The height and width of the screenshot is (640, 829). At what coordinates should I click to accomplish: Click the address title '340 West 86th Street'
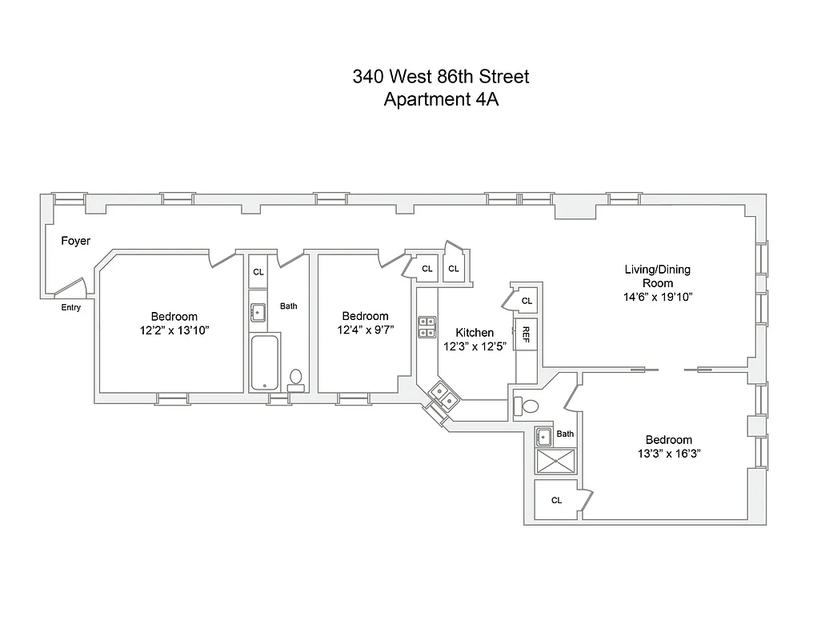441,77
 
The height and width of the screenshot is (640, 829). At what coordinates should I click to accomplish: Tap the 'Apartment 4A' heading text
441,100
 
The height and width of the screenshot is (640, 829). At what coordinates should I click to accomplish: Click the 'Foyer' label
76,241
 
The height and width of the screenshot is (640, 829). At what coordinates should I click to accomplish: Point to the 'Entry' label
70,307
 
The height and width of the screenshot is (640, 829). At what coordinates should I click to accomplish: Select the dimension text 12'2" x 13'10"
174,330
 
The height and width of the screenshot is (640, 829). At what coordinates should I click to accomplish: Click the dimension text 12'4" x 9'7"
365,330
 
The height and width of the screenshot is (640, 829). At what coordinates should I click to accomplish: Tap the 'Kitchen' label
475,333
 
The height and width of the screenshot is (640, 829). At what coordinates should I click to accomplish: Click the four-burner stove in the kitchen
427,326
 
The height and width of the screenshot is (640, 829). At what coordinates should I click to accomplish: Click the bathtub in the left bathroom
264,362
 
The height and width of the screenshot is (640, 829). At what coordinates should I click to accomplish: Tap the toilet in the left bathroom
296,378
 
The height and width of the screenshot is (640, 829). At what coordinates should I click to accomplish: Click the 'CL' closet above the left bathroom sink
258,272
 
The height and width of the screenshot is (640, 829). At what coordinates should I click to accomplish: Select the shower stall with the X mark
555,462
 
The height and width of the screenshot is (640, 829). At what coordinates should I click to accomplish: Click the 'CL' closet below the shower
556,500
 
